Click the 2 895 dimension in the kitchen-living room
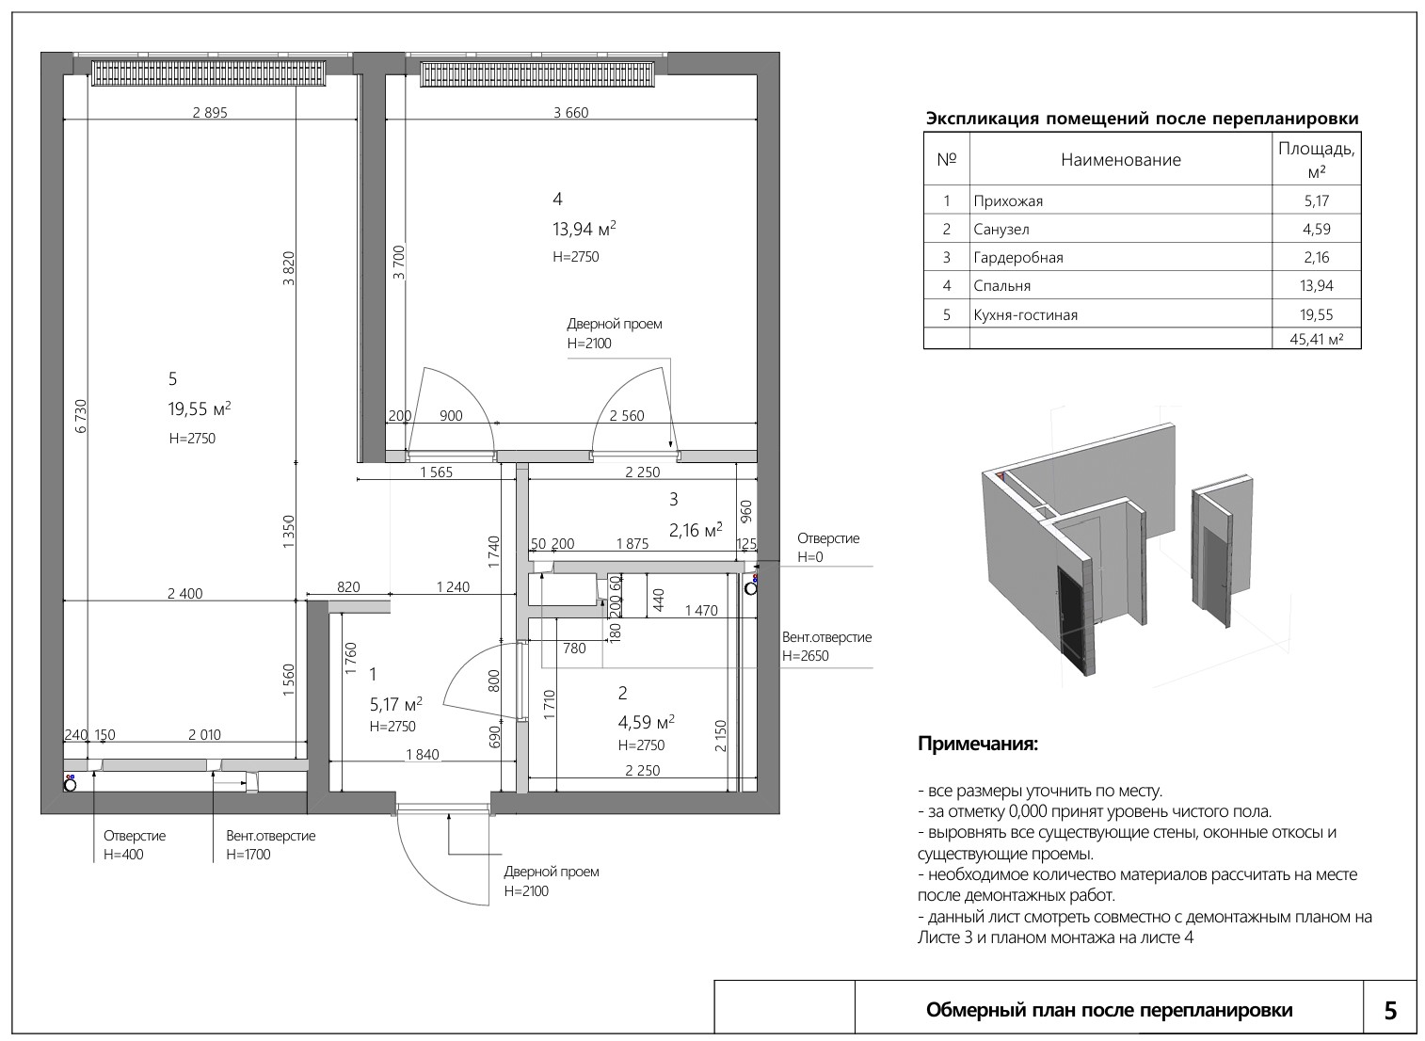click(x=210, y=113)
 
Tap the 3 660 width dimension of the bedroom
click(x=570, y=113)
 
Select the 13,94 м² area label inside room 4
click(x=584, y=229)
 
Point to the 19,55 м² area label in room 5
click(x=200, y=408)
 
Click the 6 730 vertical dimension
click(x=80, y=416)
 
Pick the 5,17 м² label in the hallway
click(x=395, y=704)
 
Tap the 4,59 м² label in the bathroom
click(x=646, y=722)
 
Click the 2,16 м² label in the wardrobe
click(x=696, y=530)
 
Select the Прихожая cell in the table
click(x=1008, y=201)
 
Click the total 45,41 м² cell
click(x=1316, y=339)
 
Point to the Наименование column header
click(x=1120, y=160)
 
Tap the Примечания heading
click(x=978, y=744)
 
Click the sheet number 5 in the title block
click(x=1391, y=1011)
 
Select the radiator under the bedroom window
click(x=536, y=73)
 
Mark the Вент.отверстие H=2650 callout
click(x=826, y=647)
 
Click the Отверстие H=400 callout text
click(x=135, y=845)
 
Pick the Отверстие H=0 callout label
click(x=828, y=547)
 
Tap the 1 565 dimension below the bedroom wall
click(x=437, y=472)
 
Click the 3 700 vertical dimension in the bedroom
click(x=398, y=263)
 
